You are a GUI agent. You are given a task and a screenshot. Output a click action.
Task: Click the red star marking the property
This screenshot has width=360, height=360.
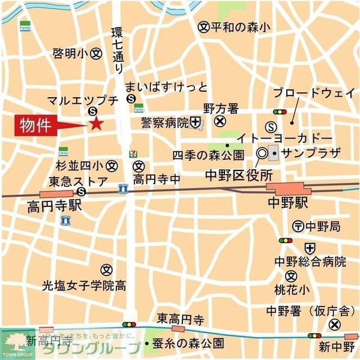[x=96, y=124]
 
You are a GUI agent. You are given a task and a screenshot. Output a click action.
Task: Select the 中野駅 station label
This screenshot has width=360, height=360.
[x=288, y=203]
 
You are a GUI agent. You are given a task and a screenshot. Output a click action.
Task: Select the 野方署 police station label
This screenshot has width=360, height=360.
[x=220, y=109]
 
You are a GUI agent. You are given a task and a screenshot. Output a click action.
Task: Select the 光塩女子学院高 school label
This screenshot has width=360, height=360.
[x=83, y=285]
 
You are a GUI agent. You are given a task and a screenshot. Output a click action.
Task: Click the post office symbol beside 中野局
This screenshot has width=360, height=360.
[x=298, y=226]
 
